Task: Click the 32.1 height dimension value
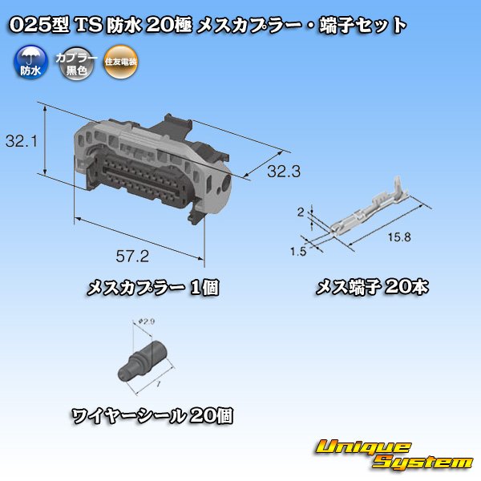(19, 142)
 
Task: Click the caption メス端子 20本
(371, 286)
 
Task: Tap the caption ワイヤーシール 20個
(152, 416)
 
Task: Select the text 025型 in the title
(37, 25)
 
